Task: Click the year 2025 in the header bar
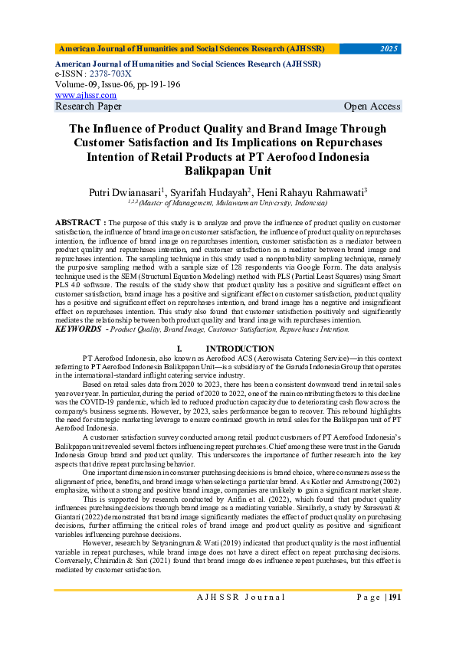(389, 49)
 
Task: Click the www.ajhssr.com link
(86, 96)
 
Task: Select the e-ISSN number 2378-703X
(108, 74)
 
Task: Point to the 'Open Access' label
(372, 106)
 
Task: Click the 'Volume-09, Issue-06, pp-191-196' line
(117, 85)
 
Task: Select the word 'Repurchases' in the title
(345, 142)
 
